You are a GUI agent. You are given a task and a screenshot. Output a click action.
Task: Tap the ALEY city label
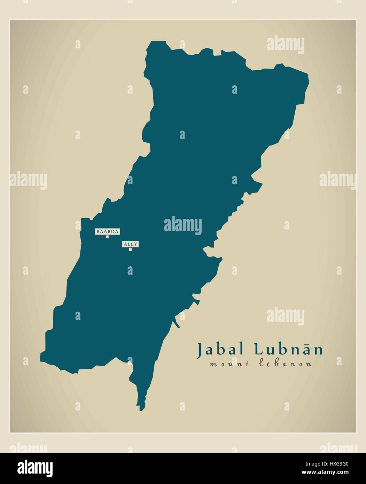tap(130, 244)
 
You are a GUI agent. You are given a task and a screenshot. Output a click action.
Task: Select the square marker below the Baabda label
tap(107, 237)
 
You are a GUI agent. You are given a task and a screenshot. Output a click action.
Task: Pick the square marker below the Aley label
tap(130, 249)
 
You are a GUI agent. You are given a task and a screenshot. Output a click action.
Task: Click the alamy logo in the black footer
tap(35, 468)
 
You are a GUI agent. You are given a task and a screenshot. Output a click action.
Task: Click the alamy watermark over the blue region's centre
tap(183, 224)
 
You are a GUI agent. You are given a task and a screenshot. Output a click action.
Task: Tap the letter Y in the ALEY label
tap(136, 244)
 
